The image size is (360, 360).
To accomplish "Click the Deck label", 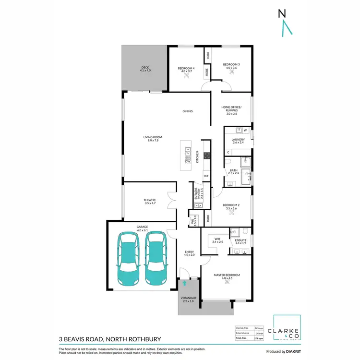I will coord(145,69).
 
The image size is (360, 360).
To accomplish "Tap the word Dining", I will coord(187,111).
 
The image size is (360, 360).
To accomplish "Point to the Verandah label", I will coord(188,299).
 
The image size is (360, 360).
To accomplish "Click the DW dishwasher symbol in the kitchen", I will coord(188,161).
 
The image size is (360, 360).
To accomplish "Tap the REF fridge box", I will coord(206,176).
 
